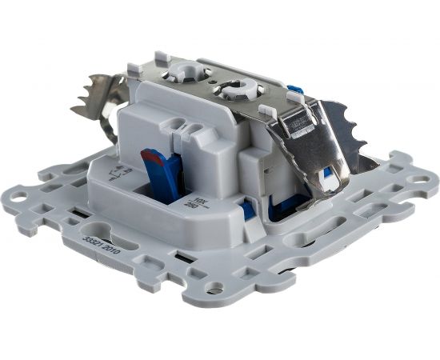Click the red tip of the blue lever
click(149, 156)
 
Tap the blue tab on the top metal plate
click(293, 88)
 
